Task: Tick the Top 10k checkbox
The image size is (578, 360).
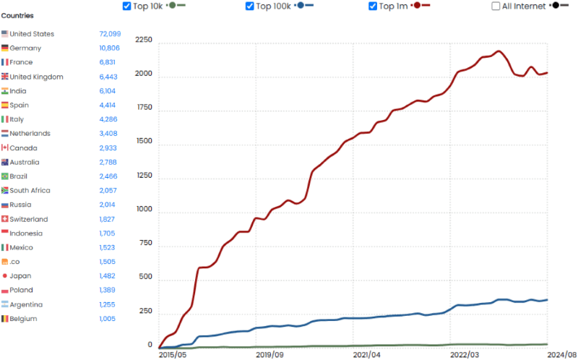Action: (x=128, y=6)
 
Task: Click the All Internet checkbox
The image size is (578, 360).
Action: (x=496, y=6)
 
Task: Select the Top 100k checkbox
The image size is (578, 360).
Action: (x=250, y=6)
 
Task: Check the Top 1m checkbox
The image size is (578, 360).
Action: (x=373, y=6)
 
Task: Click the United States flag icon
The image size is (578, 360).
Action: (x=5, y=34)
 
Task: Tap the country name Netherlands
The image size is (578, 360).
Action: (x=30, y=134)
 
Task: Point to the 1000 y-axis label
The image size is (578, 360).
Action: (x=144, y=210)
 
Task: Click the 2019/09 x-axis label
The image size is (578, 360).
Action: (x=269, y=355)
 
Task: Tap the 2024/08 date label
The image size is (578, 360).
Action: (x=562, y=355)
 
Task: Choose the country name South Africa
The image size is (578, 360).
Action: (x=32, y=191)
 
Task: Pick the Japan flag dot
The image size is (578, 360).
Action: (x=5, y=276)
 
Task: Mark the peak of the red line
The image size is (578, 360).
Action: (x=499, y=51)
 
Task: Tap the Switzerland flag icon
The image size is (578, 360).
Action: (x=5, y=219)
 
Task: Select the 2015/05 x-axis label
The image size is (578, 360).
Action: (x=173, y=355)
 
